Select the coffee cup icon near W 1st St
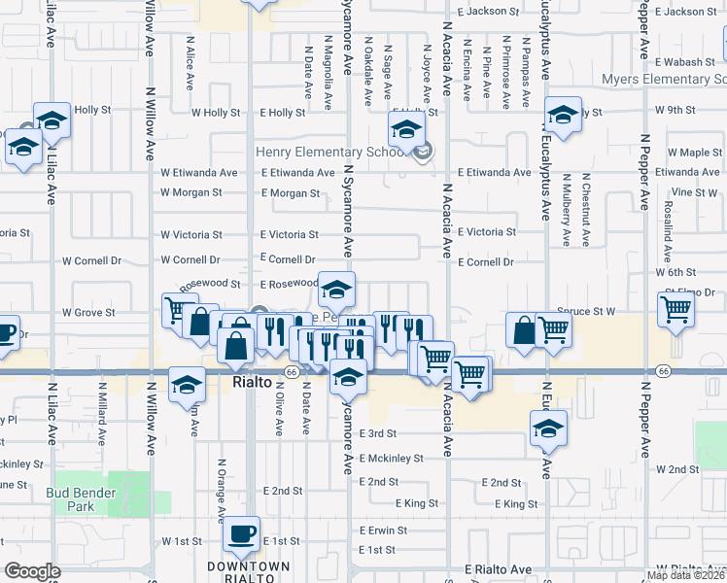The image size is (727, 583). [x=241, y=535]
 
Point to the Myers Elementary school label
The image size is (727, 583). [x=664, y=79]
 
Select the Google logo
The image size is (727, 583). [x=32, y=571]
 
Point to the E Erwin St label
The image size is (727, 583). [x=392, y=531]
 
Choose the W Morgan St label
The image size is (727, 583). [x=190, y=192]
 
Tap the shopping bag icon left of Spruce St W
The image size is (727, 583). [x=523, y=330]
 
